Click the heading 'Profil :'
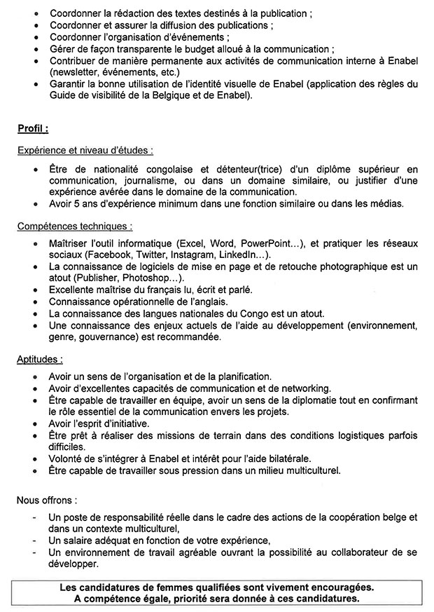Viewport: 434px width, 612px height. (33, 129)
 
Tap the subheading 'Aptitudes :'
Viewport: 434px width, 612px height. (40, 360)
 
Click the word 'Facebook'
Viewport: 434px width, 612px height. (107, 254)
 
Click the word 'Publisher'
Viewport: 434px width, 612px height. (90, 278)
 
